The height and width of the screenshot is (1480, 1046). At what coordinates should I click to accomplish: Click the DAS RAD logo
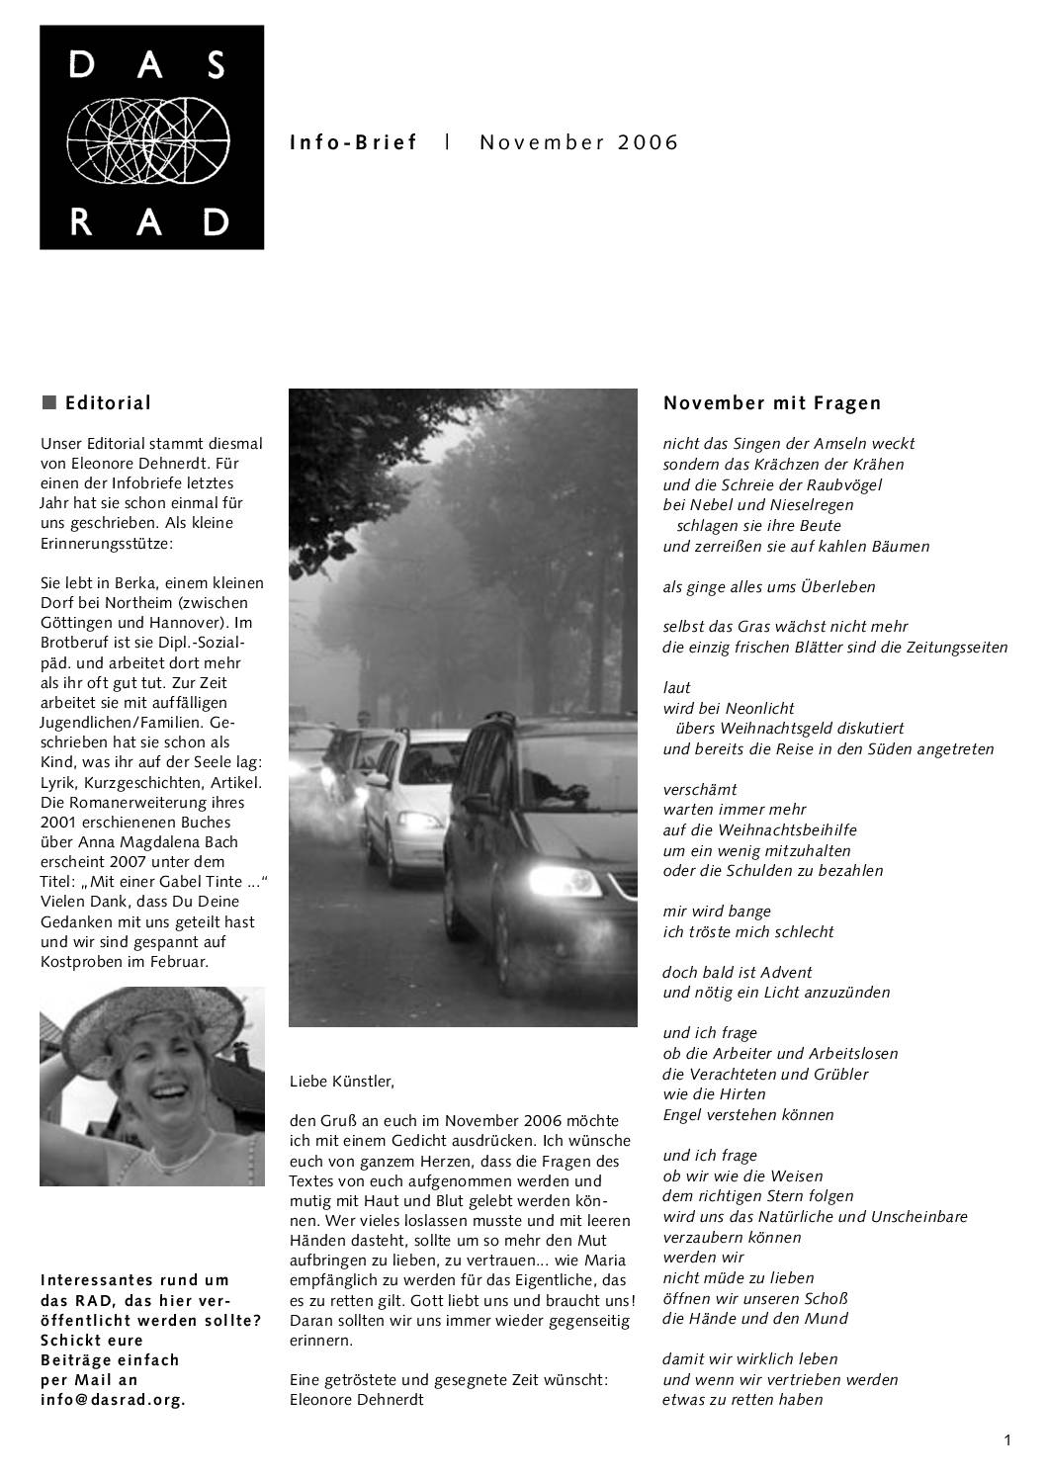(x=151, y=136)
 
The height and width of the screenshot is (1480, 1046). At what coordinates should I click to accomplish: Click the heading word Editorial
(x=108, y=403)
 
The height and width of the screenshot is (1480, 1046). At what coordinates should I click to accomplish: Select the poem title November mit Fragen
(x=771, y=403)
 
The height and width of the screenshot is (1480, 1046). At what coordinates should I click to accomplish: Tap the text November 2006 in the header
(x=579, y=142)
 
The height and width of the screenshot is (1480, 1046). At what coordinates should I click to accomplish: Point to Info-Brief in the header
(x=354, y=142)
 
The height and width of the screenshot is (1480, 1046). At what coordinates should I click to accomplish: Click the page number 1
(x=1007, y=1440)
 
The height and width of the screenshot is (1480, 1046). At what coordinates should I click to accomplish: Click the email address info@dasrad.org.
(x=113, y=1400)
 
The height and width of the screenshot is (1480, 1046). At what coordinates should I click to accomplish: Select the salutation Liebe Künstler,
(x=341, y=1082)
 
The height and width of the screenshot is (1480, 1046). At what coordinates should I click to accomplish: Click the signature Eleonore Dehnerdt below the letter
(x=356, y=1400)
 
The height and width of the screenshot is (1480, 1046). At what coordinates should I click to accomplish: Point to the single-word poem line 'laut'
(x=676, y=688)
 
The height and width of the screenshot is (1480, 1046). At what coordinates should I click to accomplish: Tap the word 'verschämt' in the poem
(x=699, y=790)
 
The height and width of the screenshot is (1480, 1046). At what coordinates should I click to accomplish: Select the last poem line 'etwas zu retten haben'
(x=741, y=1400)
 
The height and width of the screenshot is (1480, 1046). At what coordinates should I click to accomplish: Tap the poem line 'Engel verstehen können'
(x=747, y=1115)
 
